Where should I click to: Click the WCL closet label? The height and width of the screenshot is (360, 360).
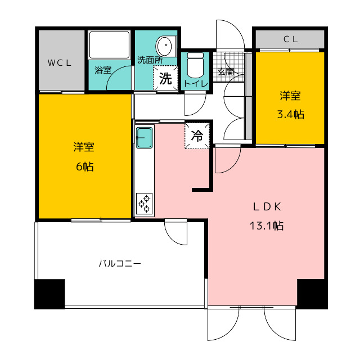[59, 63]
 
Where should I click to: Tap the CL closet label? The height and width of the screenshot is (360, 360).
[291, 39]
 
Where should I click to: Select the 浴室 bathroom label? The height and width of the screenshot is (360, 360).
[103, 70]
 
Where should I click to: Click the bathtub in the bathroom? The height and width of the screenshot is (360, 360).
[110, 45]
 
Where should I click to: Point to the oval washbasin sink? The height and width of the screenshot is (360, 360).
[164, 46]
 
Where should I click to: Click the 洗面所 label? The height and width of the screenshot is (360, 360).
[150, 60]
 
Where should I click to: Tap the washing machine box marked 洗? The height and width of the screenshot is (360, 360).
[165, 78]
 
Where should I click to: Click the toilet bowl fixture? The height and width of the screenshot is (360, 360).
[195, 65]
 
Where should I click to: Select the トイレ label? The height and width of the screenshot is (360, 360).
[196, 84]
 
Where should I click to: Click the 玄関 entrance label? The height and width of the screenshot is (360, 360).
[226, 72]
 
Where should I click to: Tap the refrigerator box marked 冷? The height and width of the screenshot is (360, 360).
[197, 136]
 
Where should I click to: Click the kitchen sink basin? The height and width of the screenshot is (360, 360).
[145, 138]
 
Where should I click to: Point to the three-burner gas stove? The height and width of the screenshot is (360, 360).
[144, 204]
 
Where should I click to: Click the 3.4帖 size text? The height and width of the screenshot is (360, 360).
[291, 114]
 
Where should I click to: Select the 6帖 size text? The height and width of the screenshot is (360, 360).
[85, 166]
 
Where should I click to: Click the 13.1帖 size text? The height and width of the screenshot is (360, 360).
[266, 226]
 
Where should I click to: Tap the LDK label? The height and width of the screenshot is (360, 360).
[267, 207]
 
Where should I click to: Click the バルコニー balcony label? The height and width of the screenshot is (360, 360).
[120, 263]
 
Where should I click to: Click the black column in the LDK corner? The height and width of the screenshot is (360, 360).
[312, 294]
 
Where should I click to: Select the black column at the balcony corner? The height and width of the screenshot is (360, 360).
[49, 294]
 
